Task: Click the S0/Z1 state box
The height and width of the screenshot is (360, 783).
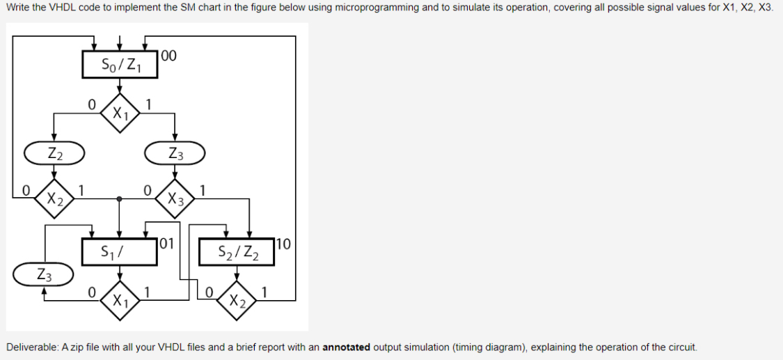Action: pos(120,65)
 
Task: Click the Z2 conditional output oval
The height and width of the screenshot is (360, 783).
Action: pos(55,153)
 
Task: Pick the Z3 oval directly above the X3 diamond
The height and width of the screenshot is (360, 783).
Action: pos(175,153)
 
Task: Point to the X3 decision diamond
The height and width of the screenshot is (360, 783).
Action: pos(175,198)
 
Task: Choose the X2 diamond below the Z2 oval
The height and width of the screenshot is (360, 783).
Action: pos(55,198)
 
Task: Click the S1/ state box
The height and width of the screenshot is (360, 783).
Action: pos(120,251)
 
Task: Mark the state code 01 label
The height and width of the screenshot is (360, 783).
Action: pos(167,244)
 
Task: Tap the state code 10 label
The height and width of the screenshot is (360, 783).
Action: pos(283,244)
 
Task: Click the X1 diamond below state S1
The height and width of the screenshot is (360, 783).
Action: pos(120,301)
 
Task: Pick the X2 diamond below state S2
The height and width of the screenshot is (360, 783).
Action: pos(237,301)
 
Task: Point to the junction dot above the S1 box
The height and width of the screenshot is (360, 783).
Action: pos(120,198)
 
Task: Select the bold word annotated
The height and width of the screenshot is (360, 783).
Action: pos(347,347)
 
